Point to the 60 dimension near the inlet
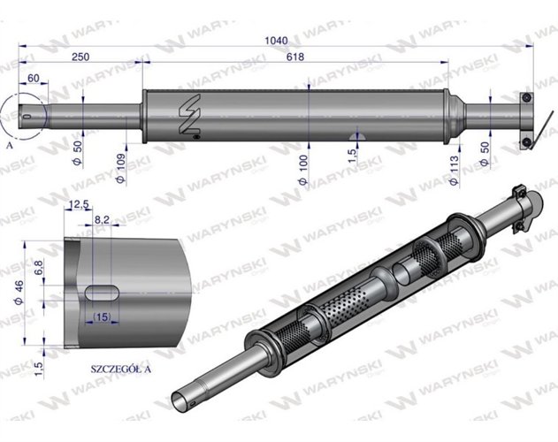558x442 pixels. coord(33,79)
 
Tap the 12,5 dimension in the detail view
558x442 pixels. coord(80,205)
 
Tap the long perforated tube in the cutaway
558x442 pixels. coord(345,305)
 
